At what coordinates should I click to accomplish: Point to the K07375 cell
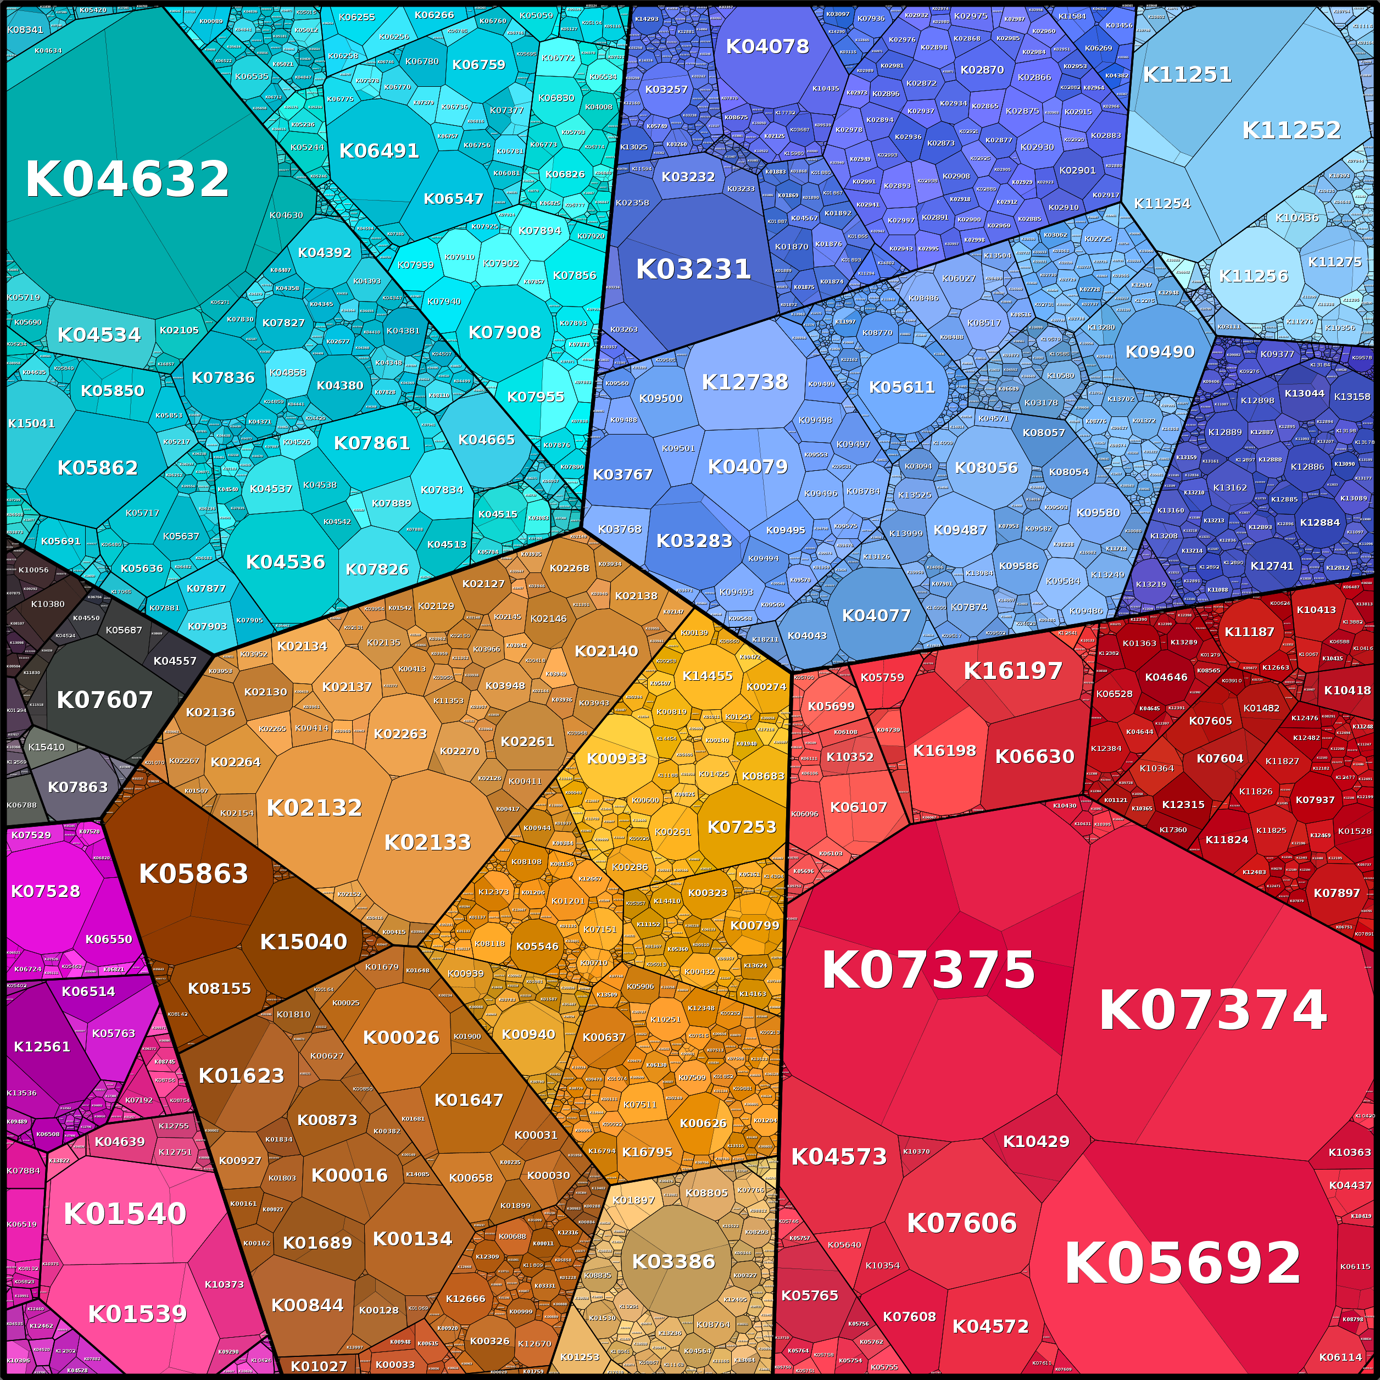(928, 970)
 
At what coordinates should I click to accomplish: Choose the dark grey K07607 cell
(104, 700)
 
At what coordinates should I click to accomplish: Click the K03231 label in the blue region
(693, 269)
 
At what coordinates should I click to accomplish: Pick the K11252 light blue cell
(1290, 130)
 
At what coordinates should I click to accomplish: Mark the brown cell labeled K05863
(193, 873)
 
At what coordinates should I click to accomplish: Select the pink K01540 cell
(125, 1214)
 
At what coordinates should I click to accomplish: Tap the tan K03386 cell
(674, 1261)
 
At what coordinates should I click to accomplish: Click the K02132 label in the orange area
(314, 808)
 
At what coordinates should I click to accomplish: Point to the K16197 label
(1013, 671)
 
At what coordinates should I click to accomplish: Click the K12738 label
(745, 382)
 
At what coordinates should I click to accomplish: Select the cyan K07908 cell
(504, 332)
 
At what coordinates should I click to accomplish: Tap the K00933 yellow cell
(616, 759)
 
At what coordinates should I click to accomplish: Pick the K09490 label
(1159, 352)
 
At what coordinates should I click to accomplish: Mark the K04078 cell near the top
(767, 47)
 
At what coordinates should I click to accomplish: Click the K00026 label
(400, 1037)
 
